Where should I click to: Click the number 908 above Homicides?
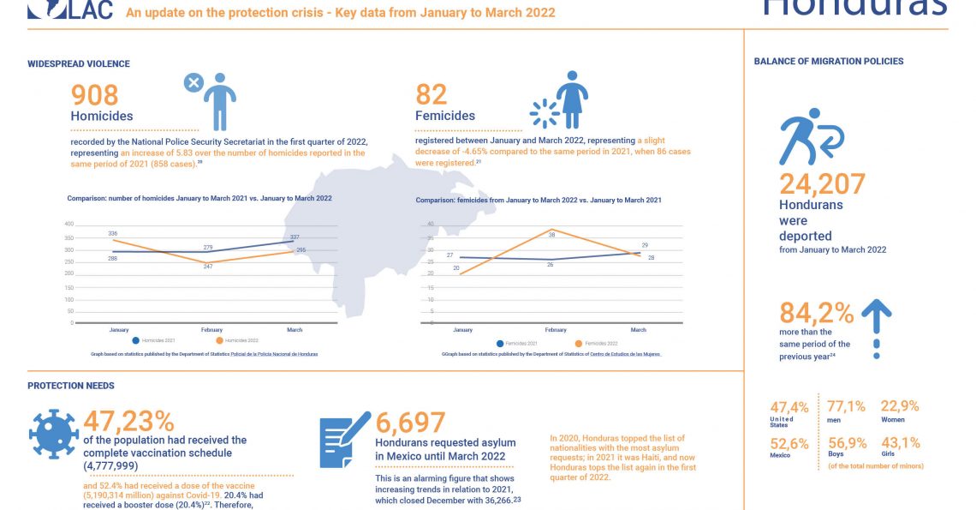[94, 95]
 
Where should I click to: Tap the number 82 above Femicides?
[431, 95]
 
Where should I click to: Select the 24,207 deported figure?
[822, 184]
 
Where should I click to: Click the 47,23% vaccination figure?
[128, 422]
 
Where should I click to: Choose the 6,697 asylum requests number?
[411, 423]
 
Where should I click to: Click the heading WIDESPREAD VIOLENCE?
[79, 64]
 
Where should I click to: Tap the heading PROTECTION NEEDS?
[71, 386]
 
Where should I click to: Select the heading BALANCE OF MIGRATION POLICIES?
[828, 62]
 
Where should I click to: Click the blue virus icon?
[53, 433]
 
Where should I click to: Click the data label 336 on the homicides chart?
[112, 233]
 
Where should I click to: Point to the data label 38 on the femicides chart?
[551, 235]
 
